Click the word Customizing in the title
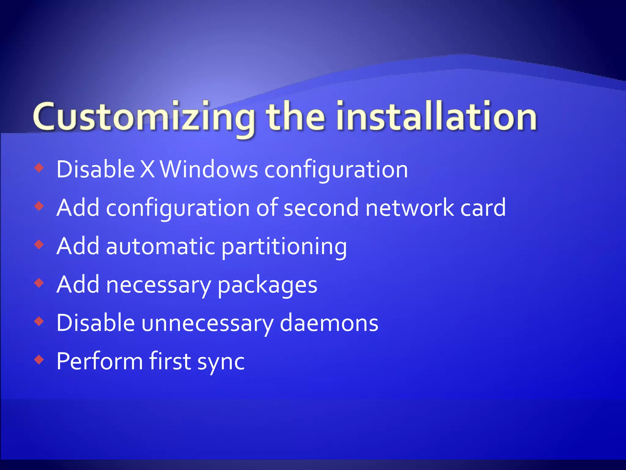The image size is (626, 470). [144, 118]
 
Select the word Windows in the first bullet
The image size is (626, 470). [209, 170]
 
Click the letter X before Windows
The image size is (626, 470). [147, 170]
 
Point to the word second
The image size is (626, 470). [321, 208]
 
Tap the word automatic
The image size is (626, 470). [161, 246]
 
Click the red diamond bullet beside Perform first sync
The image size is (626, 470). [39, 359]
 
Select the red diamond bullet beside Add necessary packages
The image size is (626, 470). [39, 283]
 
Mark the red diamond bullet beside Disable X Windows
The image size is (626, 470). [39, 167]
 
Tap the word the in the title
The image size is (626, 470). [295, 118]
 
